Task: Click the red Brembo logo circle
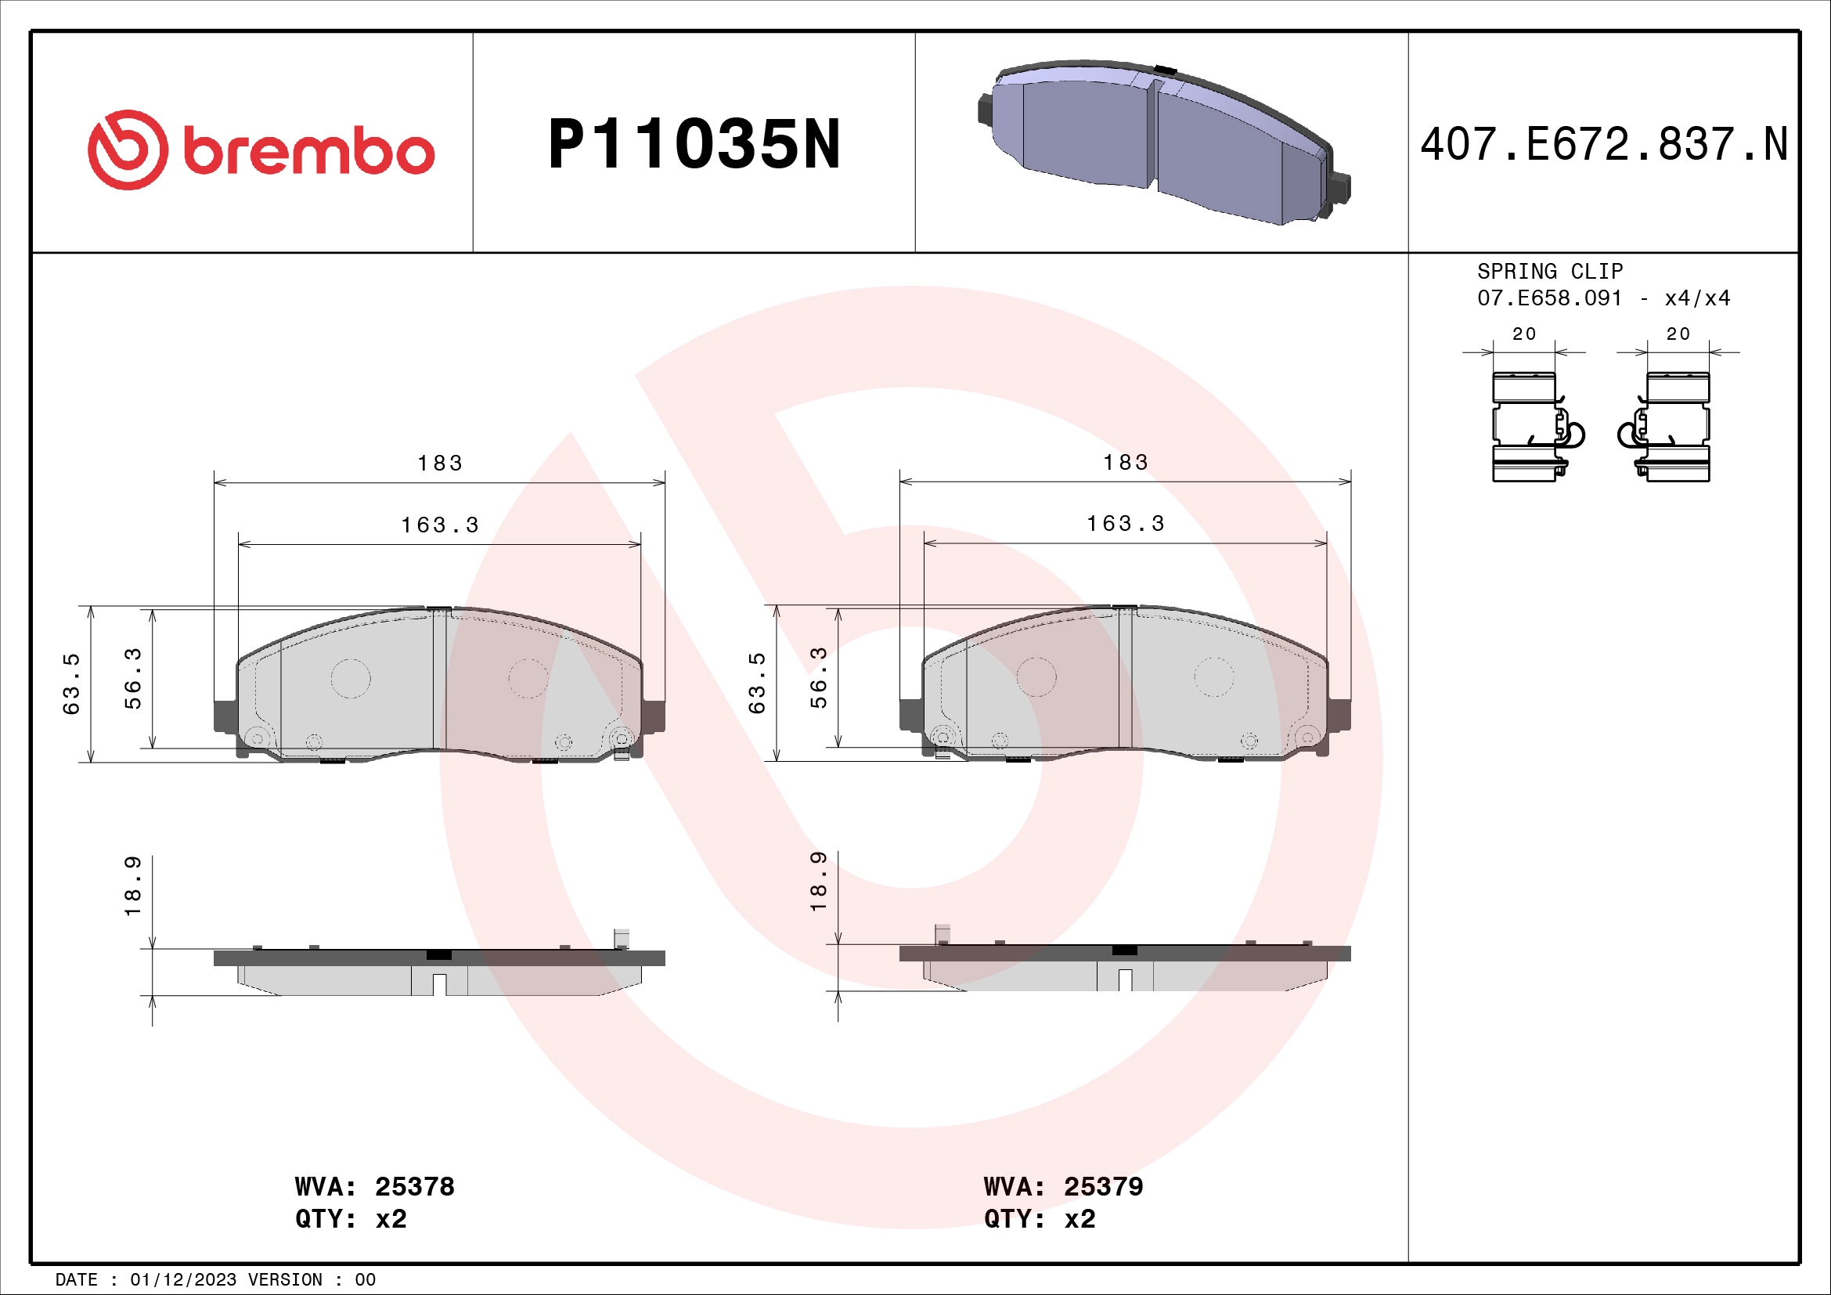tap(128, 150)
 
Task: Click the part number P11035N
tap(694, 145)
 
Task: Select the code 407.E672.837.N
tap(1604, 145)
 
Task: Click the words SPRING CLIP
tap(1549, 271)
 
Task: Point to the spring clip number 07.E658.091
tap(1548, 298)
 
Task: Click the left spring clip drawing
tap(1531, 427)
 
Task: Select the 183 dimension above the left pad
tap(439, 464)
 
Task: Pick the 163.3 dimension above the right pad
tap(1125, 524)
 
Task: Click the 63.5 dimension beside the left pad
tap(72, 684)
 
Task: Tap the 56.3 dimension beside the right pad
tap(819, 678)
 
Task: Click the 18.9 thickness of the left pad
tap(133, 886)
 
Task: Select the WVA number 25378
tap(414, 1186)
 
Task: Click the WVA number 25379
tap(1103, 1186)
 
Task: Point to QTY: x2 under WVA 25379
tap(1039, 1219)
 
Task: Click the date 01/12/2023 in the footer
tap(183, 1280)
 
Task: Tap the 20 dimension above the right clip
tap(1678, 334)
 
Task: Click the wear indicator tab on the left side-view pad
tap(621, 939)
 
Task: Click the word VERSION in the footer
tap(285, 1280)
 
